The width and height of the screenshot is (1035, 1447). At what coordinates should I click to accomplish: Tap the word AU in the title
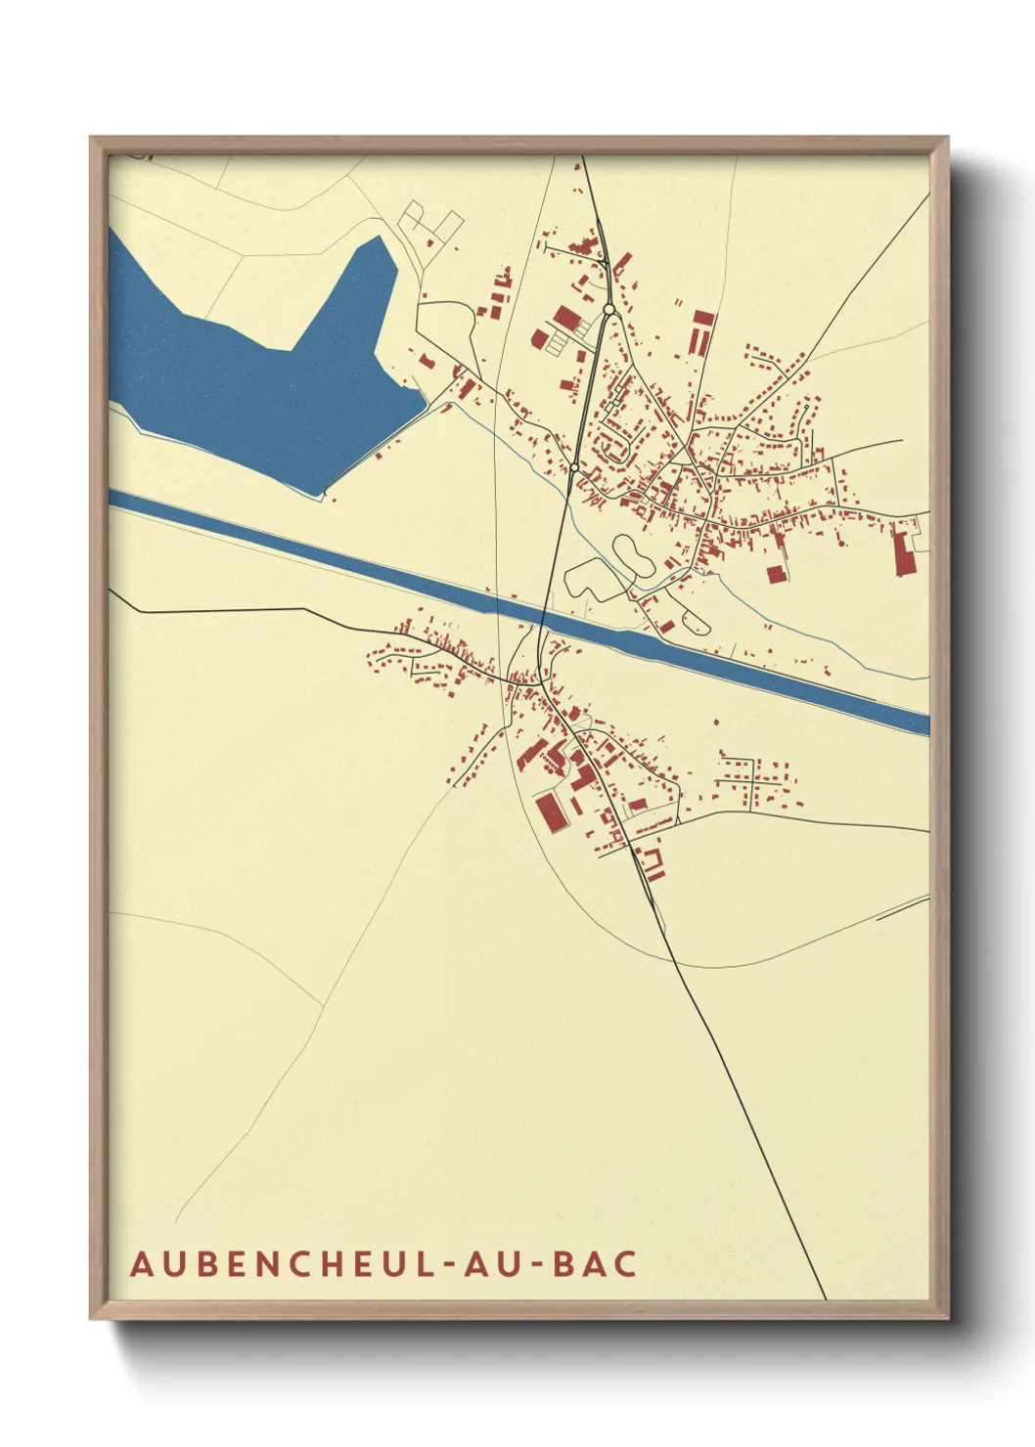[x=496, y=1263]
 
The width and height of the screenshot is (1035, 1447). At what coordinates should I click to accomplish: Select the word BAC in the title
[x=595, y=1263]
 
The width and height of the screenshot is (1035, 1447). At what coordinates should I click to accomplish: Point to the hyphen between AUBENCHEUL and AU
[x=451, y=1265]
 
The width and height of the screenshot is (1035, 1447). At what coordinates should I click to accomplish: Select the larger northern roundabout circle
[x=609, y=309]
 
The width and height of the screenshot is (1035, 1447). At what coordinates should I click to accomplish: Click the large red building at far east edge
[x=901, y=551]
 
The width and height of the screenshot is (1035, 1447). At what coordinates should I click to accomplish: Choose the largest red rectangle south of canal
[x=550, y=811]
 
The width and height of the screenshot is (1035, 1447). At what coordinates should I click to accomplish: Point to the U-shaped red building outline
[x=652, y=863]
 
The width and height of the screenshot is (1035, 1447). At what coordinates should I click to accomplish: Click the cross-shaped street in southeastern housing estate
[x=753, y=780]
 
